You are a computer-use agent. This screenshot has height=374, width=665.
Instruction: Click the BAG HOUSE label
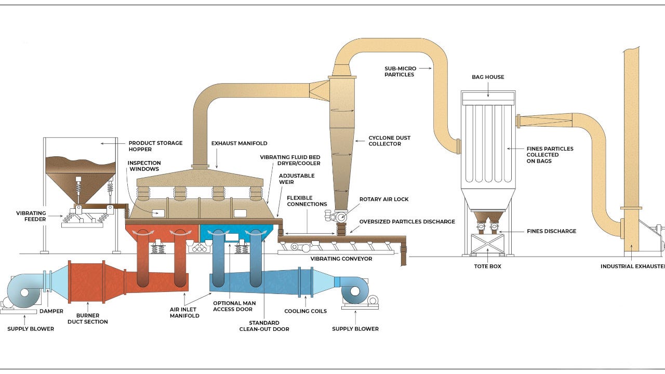[x=488, y=77]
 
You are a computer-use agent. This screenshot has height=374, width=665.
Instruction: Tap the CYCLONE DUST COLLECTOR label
[x=389, y=141]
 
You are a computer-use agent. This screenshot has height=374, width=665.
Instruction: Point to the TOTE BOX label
[x=487, y=266]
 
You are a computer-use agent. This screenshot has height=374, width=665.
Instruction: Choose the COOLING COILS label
[x=305, y=311]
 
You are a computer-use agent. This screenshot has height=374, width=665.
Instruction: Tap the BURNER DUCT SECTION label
[x=88, y=318]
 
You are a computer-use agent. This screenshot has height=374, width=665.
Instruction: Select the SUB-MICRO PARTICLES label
[x=400, y=71]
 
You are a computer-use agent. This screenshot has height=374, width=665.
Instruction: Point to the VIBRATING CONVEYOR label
[x=341, y=259]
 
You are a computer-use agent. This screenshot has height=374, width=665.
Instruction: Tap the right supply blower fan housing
[x=355, y=291]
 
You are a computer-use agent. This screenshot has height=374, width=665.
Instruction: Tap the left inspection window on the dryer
[x=158, y=213]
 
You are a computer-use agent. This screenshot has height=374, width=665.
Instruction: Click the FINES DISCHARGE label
[x=551, y=231]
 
